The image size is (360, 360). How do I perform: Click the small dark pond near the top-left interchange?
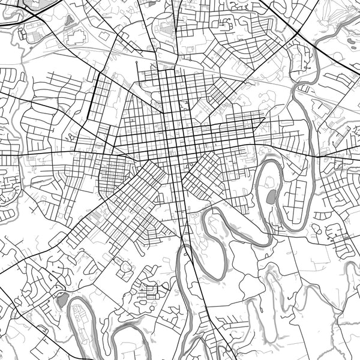[68, 19]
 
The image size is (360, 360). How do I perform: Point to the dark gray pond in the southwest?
[62, 300]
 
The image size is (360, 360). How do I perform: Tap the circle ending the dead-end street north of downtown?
[137, 62]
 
